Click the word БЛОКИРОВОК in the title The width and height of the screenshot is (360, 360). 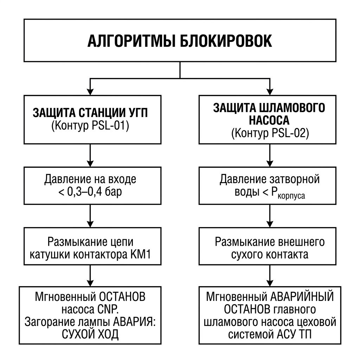(226, 41)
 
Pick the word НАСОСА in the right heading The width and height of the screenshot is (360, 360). (269, 120)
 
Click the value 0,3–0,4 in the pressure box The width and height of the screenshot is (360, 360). (84, 192)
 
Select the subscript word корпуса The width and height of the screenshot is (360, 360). (291, 196)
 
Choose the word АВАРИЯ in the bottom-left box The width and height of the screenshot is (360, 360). (133, 322)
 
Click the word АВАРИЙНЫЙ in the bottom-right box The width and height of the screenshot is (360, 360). (302, 297)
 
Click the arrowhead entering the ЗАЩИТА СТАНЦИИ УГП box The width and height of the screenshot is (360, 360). (90, 92)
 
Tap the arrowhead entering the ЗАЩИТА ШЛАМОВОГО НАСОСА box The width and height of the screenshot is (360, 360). (270, 92)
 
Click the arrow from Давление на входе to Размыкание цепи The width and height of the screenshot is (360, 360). (90, 216)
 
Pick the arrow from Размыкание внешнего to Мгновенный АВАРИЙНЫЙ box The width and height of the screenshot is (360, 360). (270, 276)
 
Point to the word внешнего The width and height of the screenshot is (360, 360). (301, 242)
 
